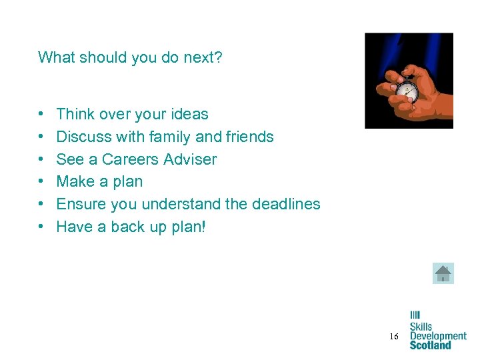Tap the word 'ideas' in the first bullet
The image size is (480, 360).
coord(189,114)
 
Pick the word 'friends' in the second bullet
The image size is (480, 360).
coord(249,137)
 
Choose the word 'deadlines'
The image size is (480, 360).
coord(286,204)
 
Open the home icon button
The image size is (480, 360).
coord(443,273)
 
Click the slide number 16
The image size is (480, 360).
coord(394,337)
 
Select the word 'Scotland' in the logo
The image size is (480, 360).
coord(430,345)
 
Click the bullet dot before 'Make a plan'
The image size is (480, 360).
coord(41,182)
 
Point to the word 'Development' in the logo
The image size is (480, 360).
coord(438,336)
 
